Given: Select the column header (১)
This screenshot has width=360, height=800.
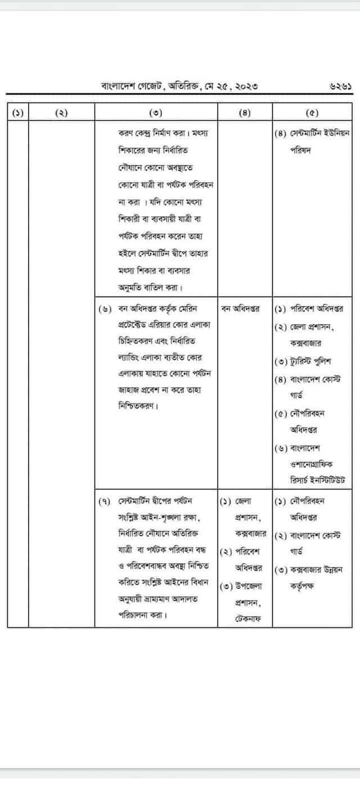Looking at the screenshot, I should tap(19, 112).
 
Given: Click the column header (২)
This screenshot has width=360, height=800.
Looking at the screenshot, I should tap(61, 112).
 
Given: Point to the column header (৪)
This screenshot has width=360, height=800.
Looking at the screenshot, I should tap(244, 112).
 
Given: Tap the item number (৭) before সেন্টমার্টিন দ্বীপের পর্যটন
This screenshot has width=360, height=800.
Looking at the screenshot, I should tap(105, 500).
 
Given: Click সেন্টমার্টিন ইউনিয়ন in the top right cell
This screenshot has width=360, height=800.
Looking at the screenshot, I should tap(320, 134).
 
